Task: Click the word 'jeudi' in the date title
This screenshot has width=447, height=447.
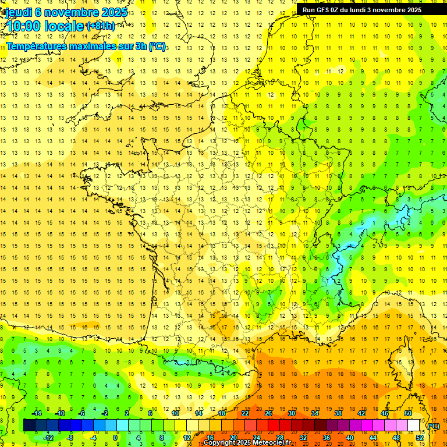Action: tap(18, 12)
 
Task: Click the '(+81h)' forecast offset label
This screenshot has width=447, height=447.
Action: tap(100, 26)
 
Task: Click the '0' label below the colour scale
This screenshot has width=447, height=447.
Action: tap(115, 437)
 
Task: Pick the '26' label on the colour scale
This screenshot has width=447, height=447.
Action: tap(268, 413)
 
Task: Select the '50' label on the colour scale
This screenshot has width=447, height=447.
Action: tap(407, 413)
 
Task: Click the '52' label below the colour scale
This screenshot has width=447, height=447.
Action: tap(420, 437)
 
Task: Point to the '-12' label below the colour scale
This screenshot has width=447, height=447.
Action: tap(48, 437)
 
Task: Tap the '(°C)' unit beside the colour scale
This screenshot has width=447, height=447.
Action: tap(433, 425)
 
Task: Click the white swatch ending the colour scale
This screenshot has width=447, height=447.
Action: tap(413, 425)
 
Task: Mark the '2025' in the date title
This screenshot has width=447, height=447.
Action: tap(113, 12)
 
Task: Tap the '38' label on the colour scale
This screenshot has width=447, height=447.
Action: tap(338, 413)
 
